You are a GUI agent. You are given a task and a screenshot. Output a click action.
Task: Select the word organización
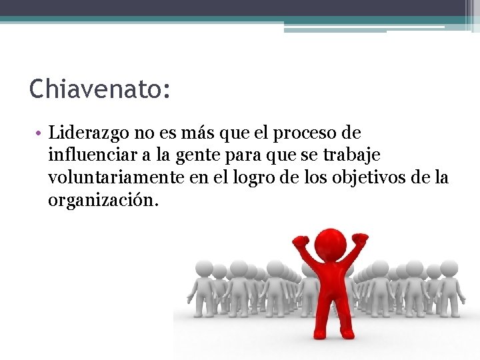(x=103, y=200)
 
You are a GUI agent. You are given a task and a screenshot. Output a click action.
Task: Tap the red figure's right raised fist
(x=360, y=237)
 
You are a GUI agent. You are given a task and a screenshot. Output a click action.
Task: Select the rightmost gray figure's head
(x=449, y=269)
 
